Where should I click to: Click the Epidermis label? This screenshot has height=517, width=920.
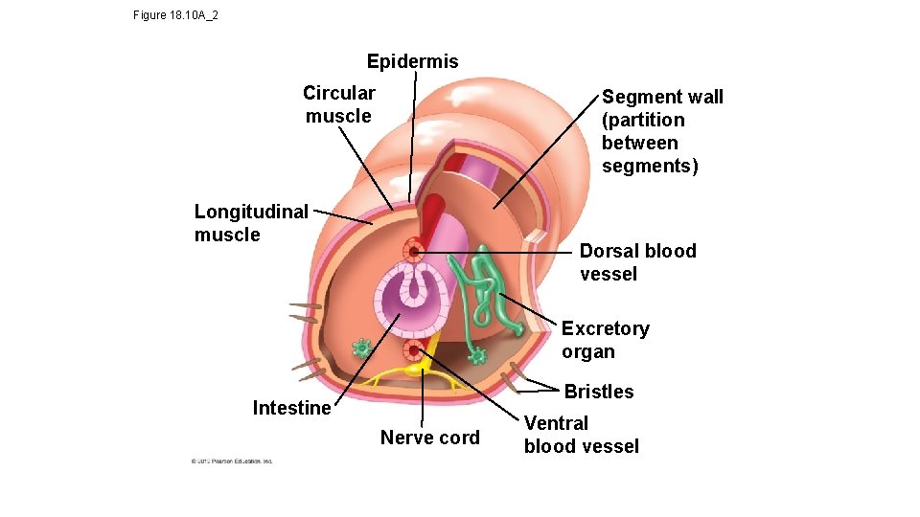(412, 61)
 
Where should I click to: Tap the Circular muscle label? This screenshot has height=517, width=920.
(338, 104)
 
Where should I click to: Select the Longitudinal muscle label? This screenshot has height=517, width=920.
(251, 223)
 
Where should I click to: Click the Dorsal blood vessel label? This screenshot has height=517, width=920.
(637, 262)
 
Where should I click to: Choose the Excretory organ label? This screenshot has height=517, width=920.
(605, 340)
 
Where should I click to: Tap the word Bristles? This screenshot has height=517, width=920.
(598, 392)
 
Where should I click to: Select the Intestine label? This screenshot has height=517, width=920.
(291, 408)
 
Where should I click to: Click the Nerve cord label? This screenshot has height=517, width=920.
(429, 438)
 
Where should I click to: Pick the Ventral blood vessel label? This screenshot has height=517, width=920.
(581, 435)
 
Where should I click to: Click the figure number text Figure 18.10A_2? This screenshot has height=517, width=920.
(175, 15)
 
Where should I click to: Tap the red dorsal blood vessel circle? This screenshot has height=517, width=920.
(414, 251)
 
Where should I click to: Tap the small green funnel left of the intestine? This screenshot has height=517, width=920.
(361, 347)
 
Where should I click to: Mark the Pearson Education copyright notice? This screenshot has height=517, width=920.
(232, 461)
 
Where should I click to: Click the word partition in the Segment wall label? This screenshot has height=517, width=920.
(643, 120)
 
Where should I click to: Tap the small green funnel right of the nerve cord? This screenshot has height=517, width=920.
(476, 357)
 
